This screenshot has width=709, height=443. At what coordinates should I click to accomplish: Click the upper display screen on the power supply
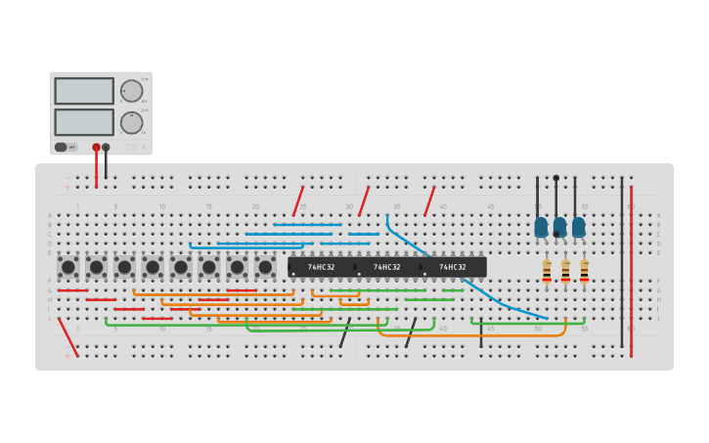pos(84,91)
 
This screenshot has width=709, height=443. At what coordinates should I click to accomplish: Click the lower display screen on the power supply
pos(84,122)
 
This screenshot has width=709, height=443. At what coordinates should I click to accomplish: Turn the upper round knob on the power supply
pos(131,91)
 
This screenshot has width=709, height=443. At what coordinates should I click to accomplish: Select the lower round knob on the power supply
pos(131,122)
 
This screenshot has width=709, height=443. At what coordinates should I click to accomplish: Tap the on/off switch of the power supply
pos(62,147)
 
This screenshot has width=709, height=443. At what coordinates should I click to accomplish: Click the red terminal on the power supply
pos(96,148)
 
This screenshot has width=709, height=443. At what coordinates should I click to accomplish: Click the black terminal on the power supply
pos(106,148)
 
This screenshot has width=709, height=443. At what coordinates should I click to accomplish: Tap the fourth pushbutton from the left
pos(153,267)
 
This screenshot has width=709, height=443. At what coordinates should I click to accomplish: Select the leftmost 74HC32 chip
pos(321,267)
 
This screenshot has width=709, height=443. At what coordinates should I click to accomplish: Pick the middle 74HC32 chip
pos(386,267)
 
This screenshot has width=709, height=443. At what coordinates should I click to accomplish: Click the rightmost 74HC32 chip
pos(453,267)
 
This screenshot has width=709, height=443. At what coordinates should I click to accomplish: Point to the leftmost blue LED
pos(541,227)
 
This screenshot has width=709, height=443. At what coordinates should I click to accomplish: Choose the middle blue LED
pos(559,227)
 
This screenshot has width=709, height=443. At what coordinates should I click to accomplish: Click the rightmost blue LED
pos(579,227)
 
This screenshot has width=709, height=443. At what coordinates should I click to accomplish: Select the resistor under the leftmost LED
pos(547,271)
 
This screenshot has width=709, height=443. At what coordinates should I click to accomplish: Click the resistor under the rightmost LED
pos(584,271)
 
